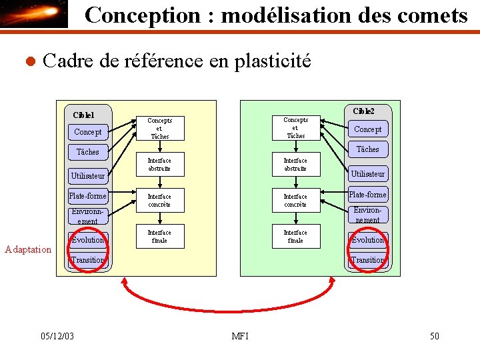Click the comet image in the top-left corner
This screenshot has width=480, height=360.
[x=34, y=14]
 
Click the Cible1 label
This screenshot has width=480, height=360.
[x=83, y=115]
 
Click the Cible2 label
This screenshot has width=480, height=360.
[x=363, y=111]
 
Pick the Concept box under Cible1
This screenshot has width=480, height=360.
[x=88, y=132]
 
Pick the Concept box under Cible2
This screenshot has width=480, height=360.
[x=368, y=129]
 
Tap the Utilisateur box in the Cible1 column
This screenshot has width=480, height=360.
[x=88, y=175]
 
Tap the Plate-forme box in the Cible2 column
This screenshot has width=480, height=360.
[x=368, y=195]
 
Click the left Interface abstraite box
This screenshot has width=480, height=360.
[x=159, y=165]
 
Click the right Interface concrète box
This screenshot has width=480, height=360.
[x=295, y=201]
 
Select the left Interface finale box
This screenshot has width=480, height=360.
[x=159, y=237]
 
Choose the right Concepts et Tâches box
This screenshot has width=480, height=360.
[x=295, y=127]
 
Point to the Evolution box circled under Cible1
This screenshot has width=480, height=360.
[x=88, y=240]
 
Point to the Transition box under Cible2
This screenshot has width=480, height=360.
[x=368, y=260]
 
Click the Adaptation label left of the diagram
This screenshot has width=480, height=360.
[x=28, y=250]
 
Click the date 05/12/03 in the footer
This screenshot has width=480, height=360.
[x=57, y=336]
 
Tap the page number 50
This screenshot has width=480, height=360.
[x=434, y=336]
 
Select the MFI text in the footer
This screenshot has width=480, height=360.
[x=240, y=336]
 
